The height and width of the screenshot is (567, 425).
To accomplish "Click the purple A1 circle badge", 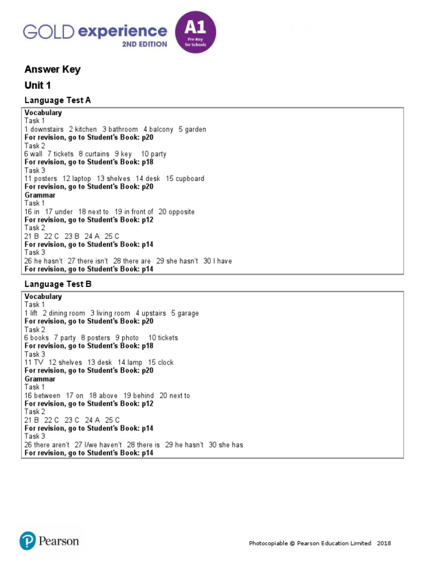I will pos(195,32).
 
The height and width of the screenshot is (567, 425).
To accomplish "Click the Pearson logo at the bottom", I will pos(49,541).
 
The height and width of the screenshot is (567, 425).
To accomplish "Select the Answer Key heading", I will pos(53,69).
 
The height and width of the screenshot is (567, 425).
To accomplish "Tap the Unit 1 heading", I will pos(38,85).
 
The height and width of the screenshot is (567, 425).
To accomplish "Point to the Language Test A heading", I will pos(58,100).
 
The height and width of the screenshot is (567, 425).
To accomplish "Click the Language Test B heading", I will pos(58,284).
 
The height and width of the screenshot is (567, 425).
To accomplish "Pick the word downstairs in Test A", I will pos(47,129).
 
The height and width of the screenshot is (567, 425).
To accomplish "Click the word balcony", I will pos(161,129).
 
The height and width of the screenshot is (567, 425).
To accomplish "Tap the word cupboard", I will pos(190,178).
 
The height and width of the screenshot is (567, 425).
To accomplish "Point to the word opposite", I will pos(182,212).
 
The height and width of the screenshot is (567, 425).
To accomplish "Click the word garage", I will pos(188,313).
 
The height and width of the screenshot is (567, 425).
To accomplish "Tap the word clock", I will pos(165,362).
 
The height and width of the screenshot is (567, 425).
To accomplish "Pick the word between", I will pos(47,395).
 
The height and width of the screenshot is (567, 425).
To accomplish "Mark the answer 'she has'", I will pos(230,445).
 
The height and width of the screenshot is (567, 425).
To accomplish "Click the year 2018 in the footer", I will pos(384,543).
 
